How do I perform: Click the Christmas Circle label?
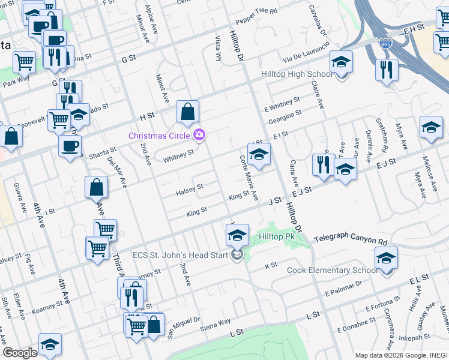tap(161, 136)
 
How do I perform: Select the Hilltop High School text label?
tap(296, 74)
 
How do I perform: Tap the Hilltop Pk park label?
tap(277, 237)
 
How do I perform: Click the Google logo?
tap(20, 352)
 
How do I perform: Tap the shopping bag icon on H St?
tap(187, 112)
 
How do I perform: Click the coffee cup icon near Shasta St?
tap(70, 146)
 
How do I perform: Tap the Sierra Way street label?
tap(216, 323)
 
